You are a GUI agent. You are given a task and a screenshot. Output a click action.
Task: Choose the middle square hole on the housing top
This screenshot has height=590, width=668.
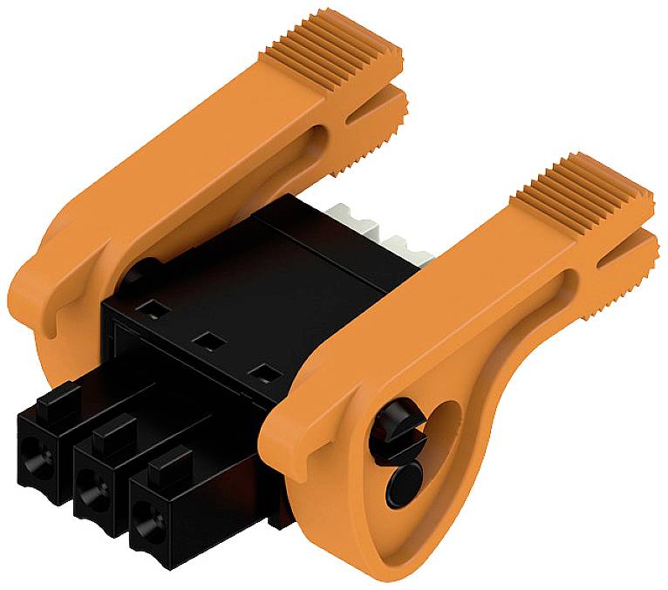(206, 339)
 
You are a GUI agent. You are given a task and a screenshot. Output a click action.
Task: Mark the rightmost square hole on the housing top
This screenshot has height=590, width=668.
(258, 374)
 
